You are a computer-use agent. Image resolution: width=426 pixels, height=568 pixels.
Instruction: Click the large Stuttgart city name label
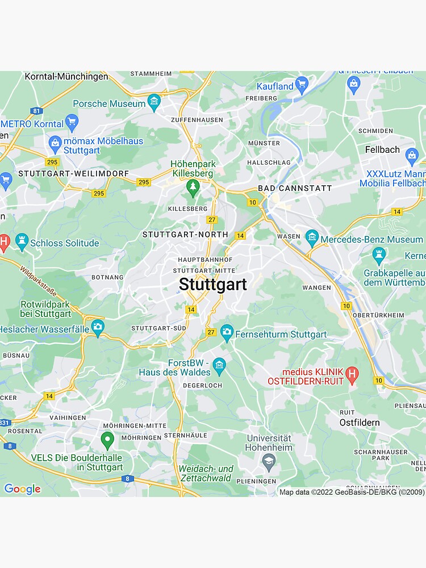[213, 284]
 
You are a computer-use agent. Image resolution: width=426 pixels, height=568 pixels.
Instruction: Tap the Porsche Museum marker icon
[154, 103]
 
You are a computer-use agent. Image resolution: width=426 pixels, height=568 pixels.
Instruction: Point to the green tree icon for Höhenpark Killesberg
[193, 187]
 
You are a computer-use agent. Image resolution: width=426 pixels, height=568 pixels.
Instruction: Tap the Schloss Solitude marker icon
[22, 242]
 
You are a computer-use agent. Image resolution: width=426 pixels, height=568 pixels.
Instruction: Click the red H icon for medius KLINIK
[353, 374]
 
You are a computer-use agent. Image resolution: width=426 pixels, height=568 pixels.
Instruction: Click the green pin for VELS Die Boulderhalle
[107, 440]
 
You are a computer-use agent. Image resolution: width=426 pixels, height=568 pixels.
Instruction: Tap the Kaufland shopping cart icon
[302, 86]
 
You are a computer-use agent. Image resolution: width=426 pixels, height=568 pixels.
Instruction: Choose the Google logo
[22, 489]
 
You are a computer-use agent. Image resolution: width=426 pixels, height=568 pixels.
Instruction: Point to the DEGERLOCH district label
[202, 385]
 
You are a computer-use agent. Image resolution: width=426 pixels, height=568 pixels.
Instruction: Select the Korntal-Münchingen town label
[66, 76]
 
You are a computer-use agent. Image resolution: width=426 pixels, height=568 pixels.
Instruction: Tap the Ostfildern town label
[360, 423]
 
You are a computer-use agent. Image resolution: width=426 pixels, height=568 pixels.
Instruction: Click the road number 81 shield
[37, 110]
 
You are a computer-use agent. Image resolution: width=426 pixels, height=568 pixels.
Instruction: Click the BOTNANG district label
[107, 277]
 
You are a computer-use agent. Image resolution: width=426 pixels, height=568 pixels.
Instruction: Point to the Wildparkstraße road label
[38, 281]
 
